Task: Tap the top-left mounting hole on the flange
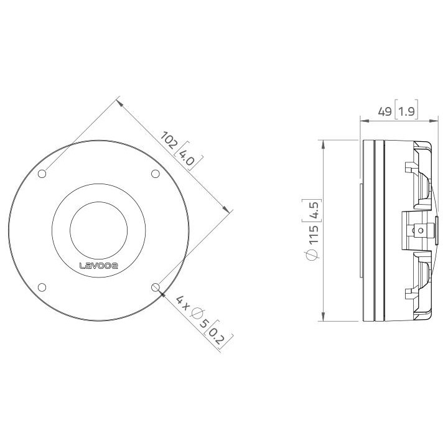point(42,174)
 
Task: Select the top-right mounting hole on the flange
point(156,174)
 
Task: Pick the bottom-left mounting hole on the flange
point(42,287)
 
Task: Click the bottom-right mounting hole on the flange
point(156,287)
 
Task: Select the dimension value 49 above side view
point(386,112)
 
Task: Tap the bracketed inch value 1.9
point(407,112)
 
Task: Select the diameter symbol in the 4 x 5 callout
point(195,314)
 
